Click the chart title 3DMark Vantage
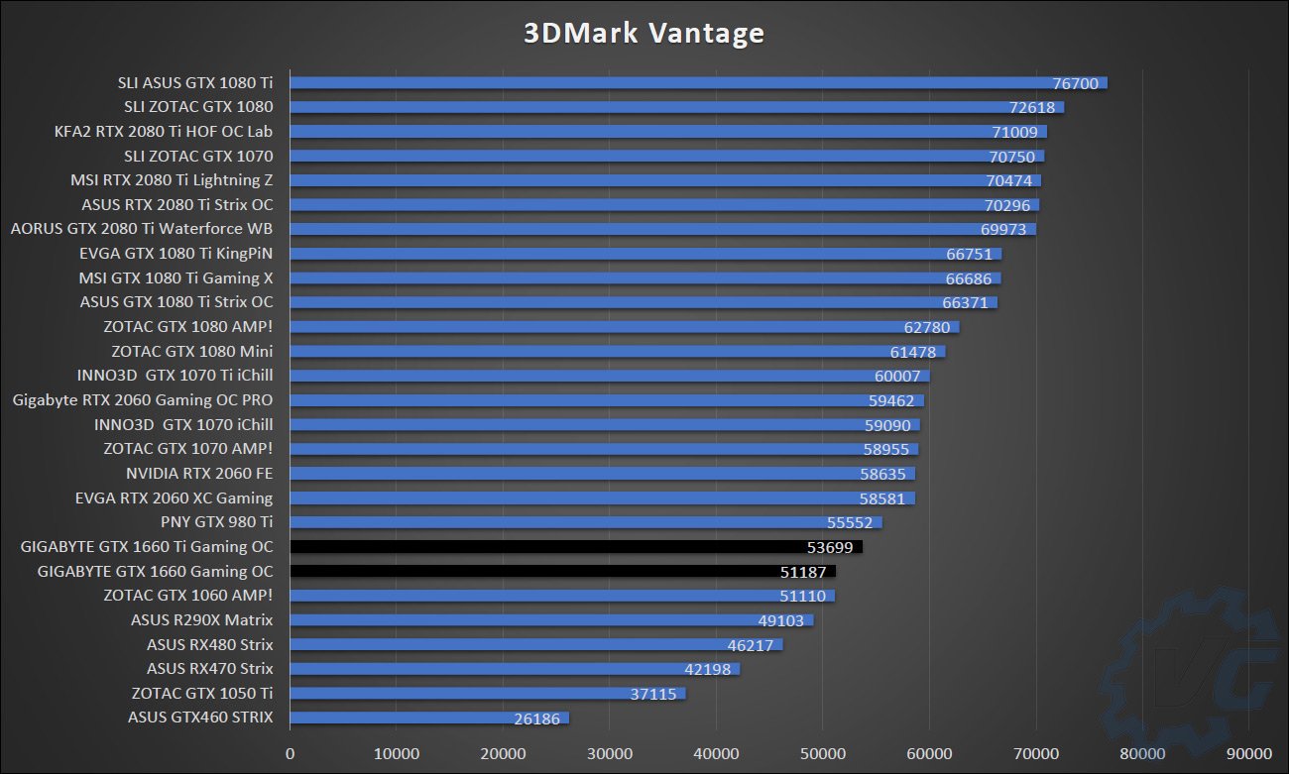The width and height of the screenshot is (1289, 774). pos(644,33)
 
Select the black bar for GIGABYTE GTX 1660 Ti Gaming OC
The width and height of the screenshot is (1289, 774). pos(575,547)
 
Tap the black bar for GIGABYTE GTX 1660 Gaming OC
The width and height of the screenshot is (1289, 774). pos(562,571)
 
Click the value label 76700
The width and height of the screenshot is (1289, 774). pos(1075,83)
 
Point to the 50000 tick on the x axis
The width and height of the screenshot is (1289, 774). pos(823,753)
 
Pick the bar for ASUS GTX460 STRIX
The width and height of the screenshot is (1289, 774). pos(428,718)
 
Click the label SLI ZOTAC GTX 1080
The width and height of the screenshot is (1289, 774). pos(198,107)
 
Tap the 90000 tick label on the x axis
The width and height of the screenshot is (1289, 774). pos(1249,753)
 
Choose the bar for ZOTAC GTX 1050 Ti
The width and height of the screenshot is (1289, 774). pos(487,694)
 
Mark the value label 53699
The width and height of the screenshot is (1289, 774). pos(830,547)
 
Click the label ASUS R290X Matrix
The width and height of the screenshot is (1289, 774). pos(201,620)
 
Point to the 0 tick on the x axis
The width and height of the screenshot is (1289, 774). pos(290,753)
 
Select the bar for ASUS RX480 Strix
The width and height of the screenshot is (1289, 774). pos(535,644)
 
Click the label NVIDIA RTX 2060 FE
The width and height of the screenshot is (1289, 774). pos(199,474)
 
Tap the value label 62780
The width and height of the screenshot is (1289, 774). pos(926,327)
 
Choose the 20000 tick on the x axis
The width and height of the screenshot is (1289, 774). pos(503,753)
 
